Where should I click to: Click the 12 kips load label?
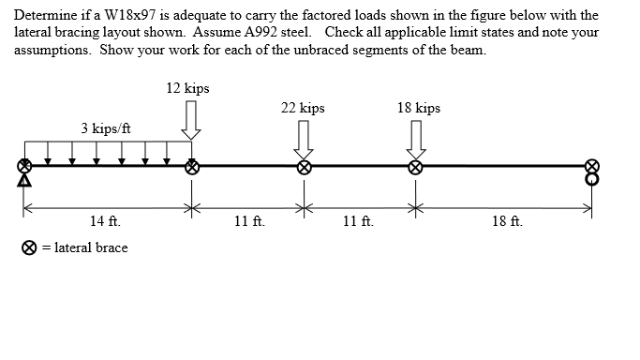187,88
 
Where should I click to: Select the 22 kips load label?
303,108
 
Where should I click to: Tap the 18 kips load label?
418,108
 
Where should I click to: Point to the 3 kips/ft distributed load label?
105,128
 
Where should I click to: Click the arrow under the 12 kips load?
191,120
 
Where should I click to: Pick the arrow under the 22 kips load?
304,139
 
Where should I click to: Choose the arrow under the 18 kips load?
415,139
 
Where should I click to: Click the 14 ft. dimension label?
104,222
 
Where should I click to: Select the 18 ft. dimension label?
508,222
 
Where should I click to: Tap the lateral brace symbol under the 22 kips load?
304,167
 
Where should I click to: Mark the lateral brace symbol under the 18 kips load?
415,167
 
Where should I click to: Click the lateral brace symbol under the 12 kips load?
192,167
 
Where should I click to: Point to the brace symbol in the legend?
30,248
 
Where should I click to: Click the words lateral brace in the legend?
91,247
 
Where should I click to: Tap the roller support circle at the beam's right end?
591,178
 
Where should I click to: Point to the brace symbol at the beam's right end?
591,166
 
